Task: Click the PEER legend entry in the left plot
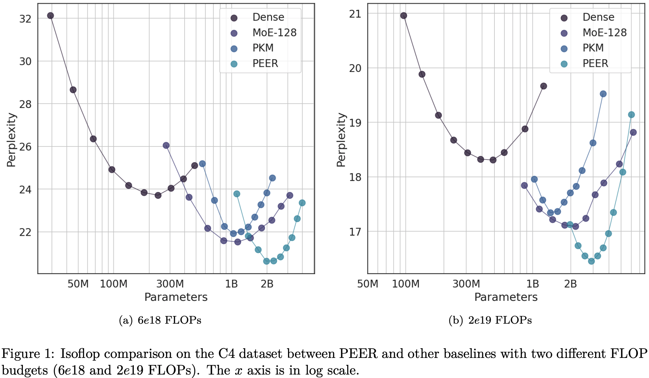[265, 64]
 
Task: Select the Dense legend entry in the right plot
[598, 17]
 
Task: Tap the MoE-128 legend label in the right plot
[604, 33]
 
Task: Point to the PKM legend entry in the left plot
[263, 48]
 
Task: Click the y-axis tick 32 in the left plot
[25, 19]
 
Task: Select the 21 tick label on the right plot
[355, 14]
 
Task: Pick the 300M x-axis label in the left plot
[170, 284]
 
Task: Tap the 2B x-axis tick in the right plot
[571, 284]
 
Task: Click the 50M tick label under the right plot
[368, 284]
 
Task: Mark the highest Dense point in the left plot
[50, 16]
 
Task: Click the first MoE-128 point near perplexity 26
[166, 145]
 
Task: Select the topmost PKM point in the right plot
[603, 94]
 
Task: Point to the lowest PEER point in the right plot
[591, 261]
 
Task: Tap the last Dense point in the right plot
[544, 86]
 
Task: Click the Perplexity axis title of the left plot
[11, 140]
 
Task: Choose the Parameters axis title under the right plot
[506, 297]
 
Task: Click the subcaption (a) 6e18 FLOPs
[160, 320]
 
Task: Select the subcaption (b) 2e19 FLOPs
[490, 320]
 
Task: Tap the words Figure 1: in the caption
[28, 354]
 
